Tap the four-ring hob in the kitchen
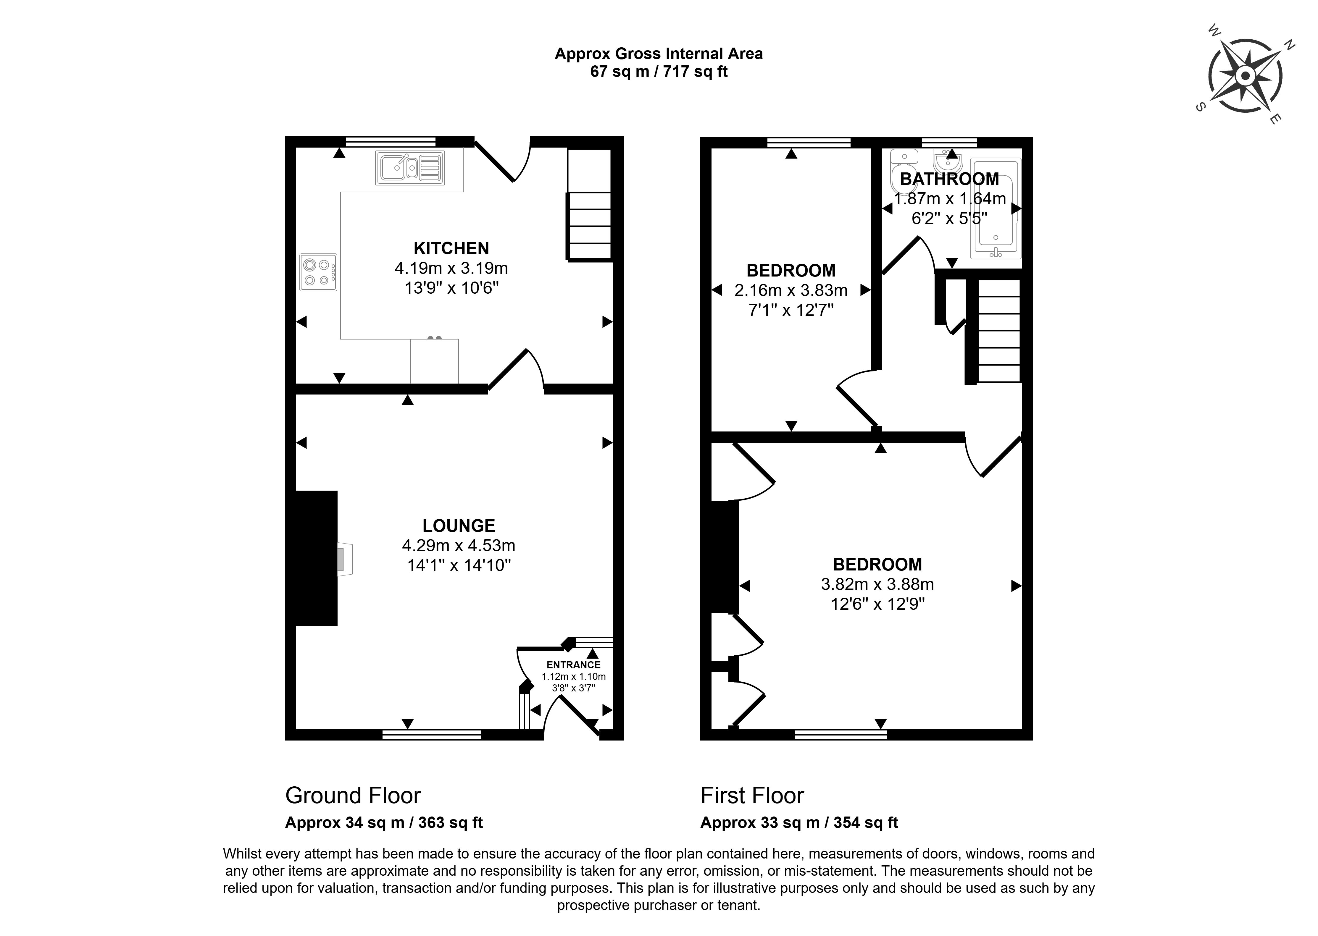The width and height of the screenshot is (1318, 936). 318,272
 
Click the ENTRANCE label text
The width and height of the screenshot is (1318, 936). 573,665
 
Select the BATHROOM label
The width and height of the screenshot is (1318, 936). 949,179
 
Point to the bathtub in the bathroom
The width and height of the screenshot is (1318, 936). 996,208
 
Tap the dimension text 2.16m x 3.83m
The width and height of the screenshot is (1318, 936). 791,290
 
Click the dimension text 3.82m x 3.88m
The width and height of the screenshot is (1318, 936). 877,584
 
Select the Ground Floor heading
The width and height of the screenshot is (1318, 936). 353,795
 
